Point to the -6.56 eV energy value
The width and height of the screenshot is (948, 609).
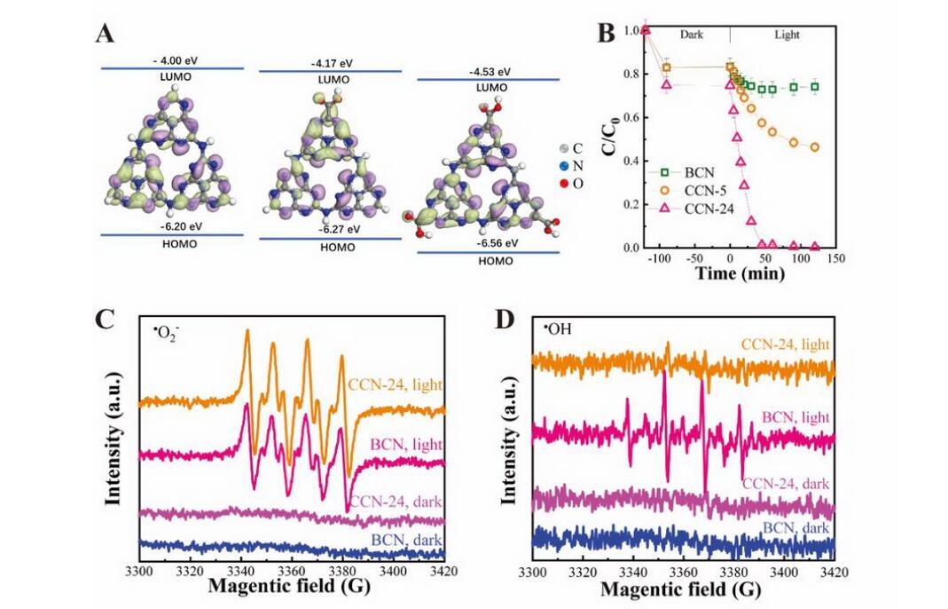487,243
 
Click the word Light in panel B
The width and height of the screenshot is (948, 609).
786,35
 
